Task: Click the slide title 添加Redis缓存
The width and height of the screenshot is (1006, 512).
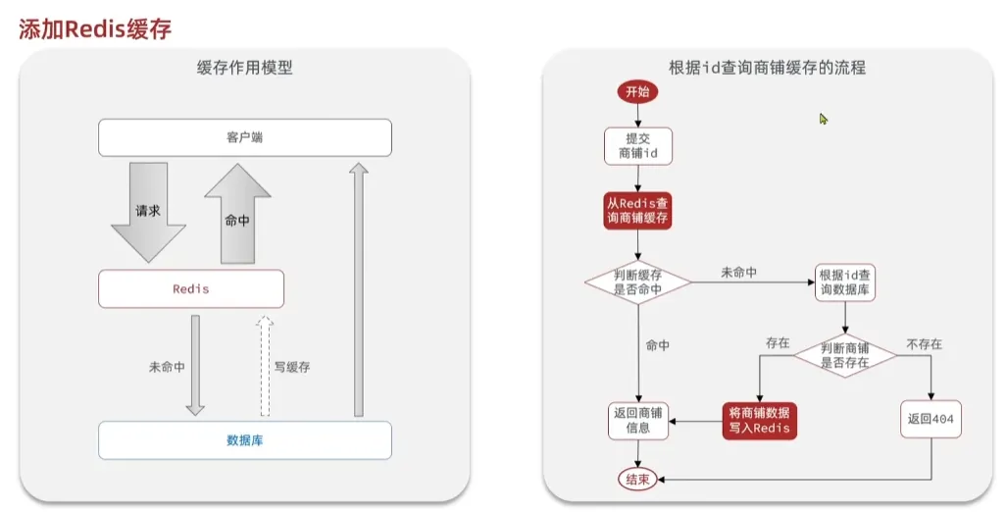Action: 95,28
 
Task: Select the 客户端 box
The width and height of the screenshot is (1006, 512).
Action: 244,137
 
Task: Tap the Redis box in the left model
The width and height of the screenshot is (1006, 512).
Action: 191,289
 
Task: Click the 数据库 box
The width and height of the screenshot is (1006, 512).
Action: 244,440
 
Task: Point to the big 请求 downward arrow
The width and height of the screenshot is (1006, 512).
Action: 148,211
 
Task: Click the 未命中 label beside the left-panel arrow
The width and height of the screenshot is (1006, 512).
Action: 167,367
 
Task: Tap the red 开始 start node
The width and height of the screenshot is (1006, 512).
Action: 637,92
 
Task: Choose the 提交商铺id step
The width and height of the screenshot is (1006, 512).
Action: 637,145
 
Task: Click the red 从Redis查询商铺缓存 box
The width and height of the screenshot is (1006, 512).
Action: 637,210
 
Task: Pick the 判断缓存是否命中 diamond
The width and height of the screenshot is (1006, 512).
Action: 637,282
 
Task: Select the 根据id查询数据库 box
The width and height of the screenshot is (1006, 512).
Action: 845,282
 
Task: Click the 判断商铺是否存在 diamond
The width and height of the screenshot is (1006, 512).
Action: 845,354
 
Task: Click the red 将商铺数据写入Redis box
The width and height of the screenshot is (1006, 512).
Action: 759,421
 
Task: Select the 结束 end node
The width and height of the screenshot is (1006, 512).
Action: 637,479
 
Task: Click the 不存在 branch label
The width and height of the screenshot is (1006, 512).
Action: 924,344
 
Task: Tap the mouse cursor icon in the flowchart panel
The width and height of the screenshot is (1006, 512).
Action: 824,119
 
